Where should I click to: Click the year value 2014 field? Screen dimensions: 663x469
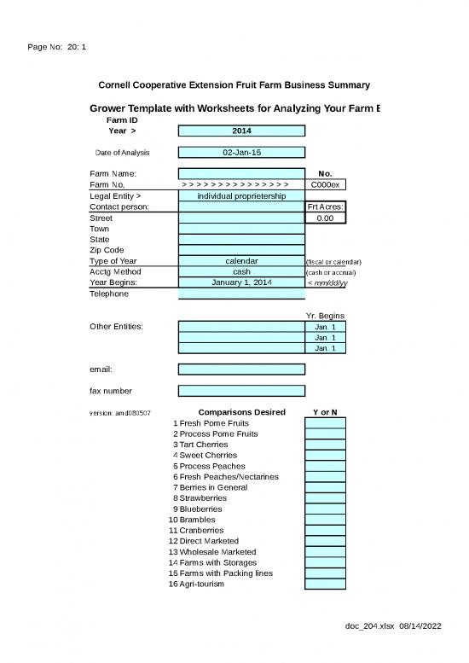tap(241, 131)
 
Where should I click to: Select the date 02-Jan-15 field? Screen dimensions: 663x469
tap(241, 153)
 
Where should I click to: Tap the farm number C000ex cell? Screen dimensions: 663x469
tap(325, 184)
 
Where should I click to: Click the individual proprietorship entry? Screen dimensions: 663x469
tap(241, 196)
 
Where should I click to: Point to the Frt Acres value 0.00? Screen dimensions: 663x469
tap(325, 218)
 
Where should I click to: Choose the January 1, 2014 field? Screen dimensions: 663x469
tap(241, 282)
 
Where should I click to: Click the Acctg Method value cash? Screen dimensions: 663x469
tap(241, 272)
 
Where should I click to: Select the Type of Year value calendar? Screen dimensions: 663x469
tap(241, 261)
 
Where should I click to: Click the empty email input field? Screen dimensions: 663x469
tap(241, 369)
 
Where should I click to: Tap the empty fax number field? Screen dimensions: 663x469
tap(241, 391)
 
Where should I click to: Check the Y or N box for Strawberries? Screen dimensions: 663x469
tap(325, 498)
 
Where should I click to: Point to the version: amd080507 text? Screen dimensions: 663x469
tap(120, 414)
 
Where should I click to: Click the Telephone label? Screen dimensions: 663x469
tap(109, 294)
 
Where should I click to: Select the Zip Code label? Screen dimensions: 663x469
tap(107, 251)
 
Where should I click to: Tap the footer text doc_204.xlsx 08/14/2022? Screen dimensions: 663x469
tap(392, 626)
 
